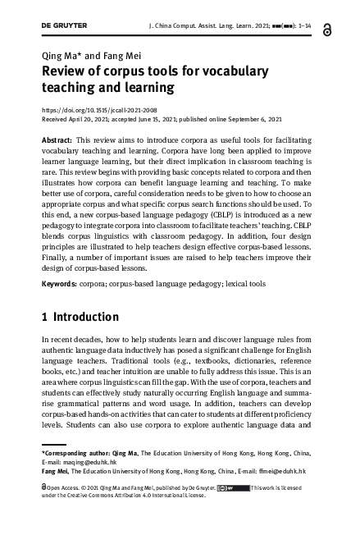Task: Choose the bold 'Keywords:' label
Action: (60, 284)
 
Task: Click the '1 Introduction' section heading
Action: (80, 317)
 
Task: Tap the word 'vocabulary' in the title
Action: (249, 71)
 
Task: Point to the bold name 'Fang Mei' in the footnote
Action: (56, 472)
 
